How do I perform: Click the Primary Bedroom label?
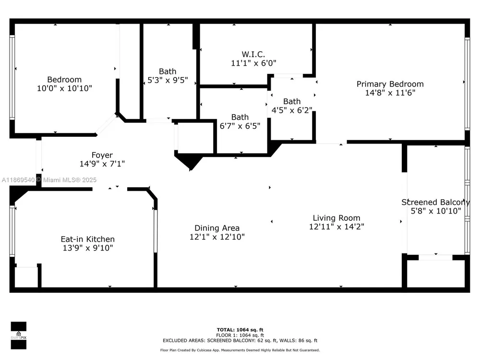[390, 84]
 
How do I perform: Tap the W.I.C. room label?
[253, 55]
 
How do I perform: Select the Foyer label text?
[102, 155]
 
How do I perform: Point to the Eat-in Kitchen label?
[87, 239]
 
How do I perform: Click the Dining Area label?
[217, 228]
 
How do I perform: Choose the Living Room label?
[336, 218]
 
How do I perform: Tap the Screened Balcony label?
[435, 203]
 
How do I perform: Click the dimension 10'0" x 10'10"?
[65, 88]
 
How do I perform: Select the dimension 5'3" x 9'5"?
[168, 80]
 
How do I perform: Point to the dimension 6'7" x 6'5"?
[240, 126]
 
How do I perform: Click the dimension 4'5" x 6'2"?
[292, 110]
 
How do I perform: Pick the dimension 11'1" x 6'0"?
[253, 63]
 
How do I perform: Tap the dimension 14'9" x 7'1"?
[102, 164]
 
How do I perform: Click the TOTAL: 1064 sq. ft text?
[240, 330]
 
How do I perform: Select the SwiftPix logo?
[19, 336]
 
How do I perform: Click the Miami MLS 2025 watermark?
[49, 180]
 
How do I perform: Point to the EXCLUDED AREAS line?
[240, 340]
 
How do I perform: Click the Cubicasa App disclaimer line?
[240, 350]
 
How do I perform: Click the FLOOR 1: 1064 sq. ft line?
[240, 335]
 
